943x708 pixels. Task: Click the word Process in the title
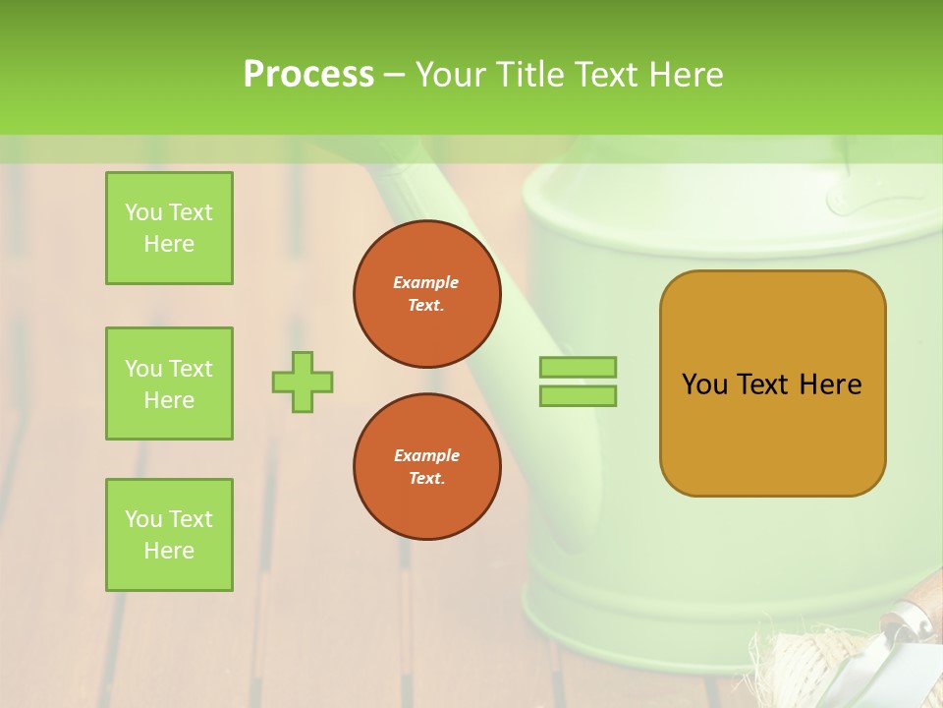308,74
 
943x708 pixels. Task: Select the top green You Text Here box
169,228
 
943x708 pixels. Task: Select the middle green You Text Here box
169,383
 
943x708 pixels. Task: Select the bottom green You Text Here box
169,535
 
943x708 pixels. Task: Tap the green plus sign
303,382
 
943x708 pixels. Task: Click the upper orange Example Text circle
426,294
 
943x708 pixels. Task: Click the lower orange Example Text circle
426,467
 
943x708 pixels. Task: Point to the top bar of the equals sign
578,367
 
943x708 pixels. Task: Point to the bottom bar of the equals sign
578,395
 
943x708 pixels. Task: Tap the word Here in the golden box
830,384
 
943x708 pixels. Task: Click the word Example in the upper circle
426,282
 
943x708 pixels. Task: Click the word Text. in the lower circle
426,479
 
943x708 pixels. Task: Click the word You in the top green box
143,212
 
